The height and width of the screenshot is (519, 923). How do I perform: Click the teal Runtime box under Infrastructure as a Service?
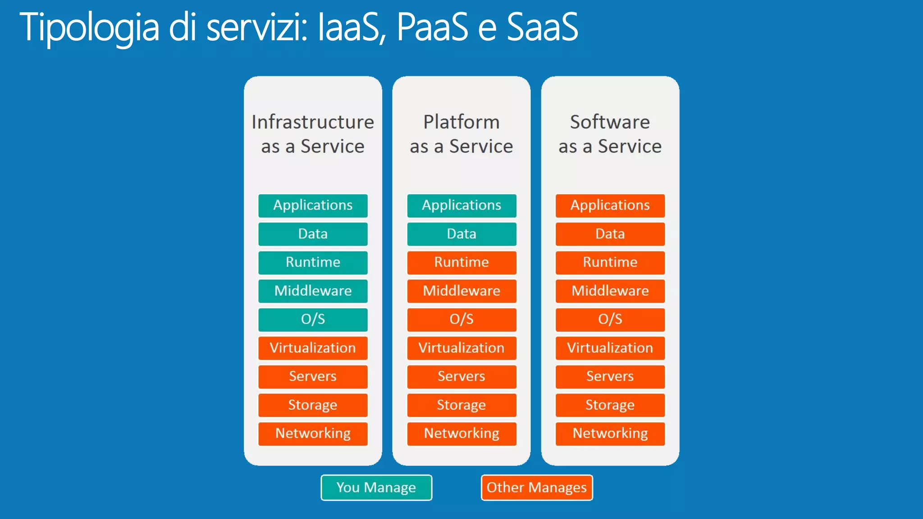313,262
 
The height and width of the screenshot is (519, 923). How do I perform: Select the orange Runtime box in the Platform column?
461,262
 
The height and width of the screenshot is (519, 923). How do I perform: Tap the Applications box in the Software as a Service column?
610,205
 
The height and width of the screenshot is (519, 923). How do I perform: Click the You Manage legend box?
376,487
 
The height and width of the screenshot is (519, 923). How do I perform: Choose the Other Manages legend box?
536,487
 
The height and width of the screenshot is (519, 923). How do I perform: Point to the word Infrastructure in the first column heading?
313,122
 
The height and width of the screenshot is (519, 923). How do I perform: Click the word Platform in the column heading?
461,122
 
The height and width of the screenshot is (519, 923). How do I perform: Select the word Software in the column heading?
610,122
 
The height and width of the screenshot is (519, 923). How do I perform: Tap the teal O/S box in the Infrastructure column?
313,319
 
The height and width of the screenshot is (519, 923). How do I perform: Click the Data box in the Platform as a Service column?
461,234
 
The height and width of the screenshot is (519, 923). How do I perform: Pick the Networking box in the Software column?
610,433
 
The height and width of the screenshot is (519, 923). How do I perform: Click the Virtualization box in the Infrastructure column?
313,348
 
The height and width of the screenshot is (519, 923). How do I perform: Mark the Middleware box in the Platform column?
461,291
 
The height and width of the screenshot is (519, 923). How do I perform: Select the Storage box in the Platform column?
461,405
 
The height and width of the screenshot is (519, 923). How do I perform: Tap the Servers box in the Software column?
610,376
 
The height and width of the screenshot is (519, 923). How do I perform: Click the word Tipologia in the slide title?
89,28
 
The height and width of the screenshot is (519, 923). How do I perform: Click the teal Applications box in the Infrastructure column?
313,205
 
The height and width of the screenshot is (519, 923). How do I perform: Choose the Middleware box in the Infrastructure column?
313,291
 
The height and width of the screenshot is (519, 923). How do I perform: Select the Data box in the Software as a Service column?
610,234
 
